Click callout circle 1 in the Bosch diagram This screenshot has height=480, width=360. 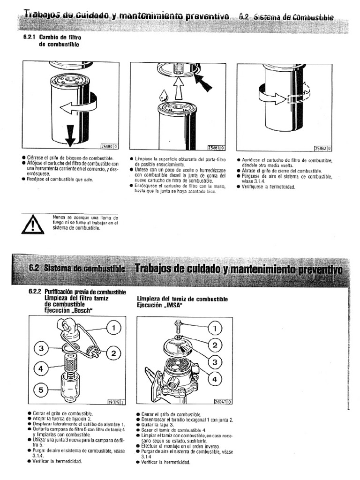pyautogui.click(x=113, y=328)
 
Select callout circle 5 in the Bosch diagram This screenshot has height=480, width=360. pyautogui.click(x=41, y=390)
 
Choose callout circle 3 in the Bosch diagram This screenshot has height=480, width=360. pyautogui.click(x=41, y=348)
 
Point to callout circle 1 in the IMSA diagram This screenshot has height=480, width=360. pyautogui.click(x=214, y=328)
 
